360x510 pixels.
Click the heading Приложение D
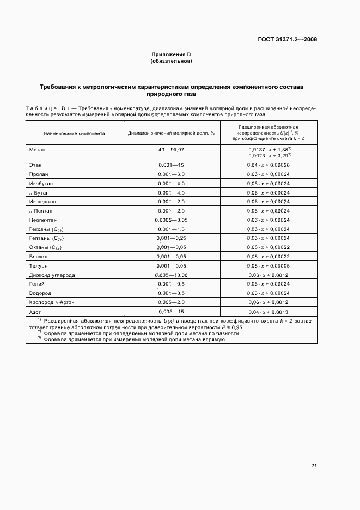click(171, 55)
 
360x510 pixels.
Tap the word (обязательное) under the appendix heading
click(171, 61)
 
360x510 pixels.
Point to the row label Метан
click(38, 149)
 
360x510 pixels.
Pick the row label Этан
click(36, 165)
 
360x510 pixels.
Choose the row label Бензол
click(39, 256)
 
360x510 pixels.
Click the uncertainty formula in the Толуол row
click(269, 265)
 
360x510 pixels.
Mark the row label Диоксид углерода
click(52, 275)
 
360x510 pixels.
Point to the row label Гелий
click(37, 284)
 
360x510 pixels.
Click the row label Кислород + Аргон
click(51, 302)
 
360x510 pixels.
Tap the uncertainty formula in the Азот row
click(269, 312)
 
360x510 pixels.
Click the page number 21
click(314, 465)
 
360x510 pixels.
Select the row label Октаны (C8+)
click(45, 247)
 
